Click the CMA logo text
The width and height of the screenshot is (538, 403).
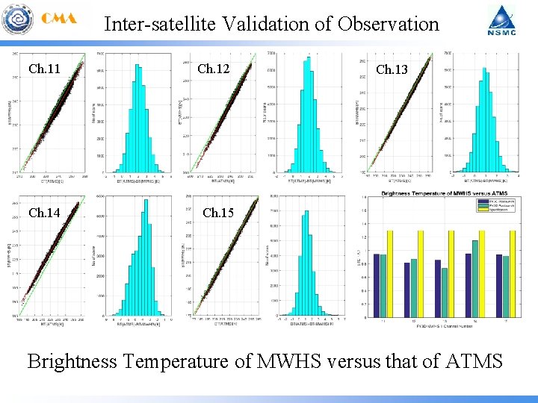pos(60,19)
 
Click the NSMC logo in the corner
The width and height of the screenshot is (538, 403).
pos(501,22)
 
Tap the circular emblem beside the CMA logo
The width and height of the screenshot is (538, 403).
pos(17,20)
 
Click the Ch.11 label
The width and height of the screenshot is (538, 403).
pos(44,69)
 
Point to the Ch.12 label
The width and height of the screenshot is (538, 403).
pos(213,69)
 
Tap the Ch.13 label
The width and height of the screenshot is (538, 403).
pos(392,69)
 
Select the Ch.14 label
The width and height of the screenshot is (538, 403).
pos(44,213)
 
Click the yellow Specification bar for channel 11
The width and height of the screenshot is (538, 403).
pos(389,272)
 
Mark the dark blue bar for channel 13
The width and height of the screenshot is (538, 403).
pos(438,288)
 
